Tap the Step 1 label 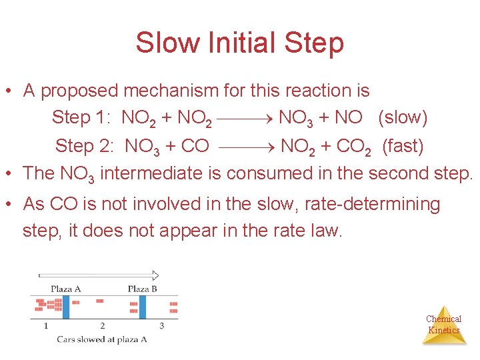pos(81,118)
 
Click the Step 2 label pos(83,145)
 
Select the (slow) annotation pos(403,118)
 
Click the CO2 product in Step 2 pos(353,146)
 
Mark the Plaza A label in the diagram pos(66,289)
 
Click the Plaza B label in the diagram pos(142,289)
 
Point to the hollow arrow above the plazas pos(99,275)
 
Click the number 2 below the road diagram pos(102,325)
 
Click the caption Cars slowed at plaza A pos(101,339)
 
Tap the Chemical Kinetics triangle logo pos(444,326)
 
